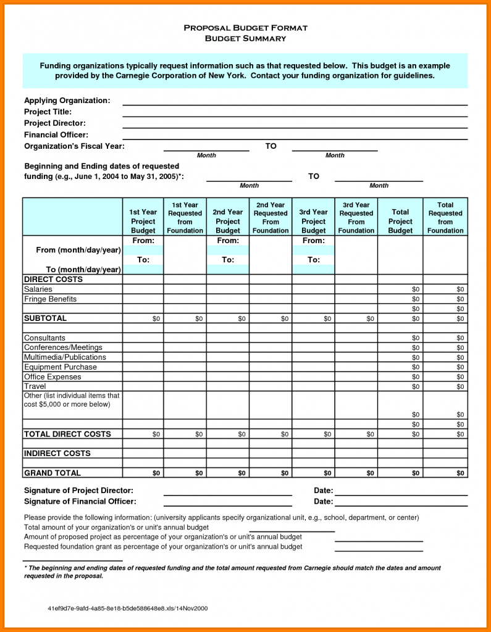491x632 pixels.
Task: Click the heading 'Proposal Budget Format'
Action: (245, 28)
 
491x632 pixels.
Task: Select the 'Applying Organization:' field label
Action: (67, 101)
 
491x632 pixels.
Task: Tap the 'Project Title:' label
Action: (48, 112)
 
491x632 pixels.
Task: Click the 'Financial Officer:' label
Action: (56, 135)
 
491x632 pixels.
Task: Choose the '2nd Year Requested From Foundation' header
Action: (271, 218)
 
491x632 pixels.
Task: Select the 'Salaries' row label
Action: (38, 289)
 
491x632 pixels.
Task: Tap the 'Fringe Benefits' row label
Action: (50, 299)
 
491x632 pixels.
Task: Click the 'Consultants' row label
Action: (44, 338)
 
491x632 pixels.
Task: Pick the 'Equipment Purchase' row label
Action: (60, 367)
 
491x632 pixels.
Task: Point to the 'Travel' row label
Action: (35, 386)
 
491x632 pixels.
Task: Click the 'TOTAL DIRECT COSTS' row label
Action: (67, 434)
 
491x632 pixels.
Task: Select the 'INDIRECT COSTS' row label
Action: (57, 454)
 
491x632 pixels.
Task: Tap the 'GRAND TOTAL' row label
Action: (52, 473)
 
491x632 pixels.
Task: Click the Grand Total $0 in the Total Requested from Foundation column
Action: (460, 473)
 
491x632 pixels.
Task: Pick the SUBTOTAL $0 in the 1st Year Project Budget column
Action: (156, 319)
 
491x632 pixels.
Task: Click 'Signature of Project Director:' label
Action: (78, 491)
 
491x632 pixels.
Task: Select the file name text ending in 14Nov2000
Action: (127, 608)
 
